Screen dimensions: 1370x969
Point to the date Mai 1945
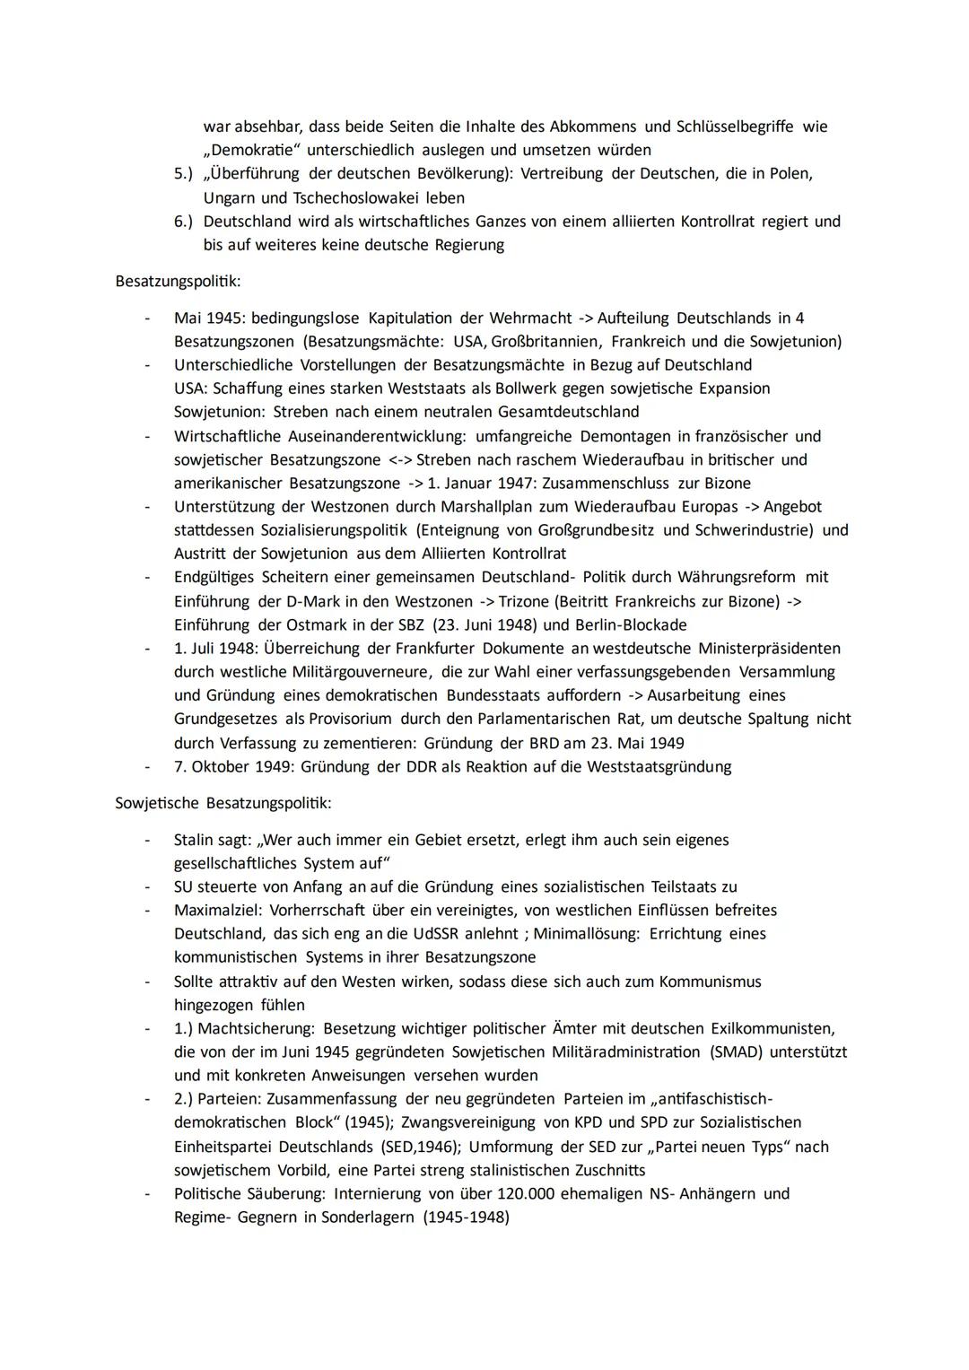click(209, 319)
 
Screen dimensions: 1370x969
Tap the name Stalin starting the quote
click(195, 840)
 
